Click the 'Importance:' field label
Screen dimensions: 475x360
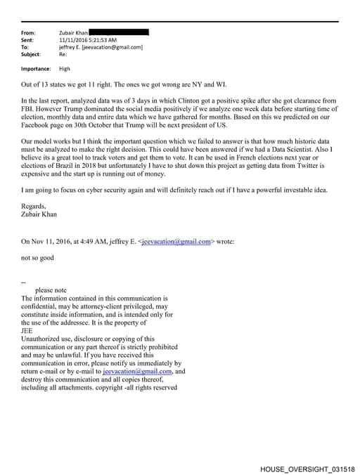36,69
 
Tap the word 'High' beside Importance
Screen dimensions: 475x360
65,69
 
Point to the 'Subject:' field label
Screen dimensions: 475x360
31,54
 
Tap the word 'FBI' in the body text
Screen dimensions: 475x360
29,110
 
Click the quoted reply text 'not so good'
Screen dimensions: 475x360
37,258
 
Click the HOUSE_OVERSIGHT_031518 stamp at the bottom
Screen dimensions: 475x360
307,467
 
